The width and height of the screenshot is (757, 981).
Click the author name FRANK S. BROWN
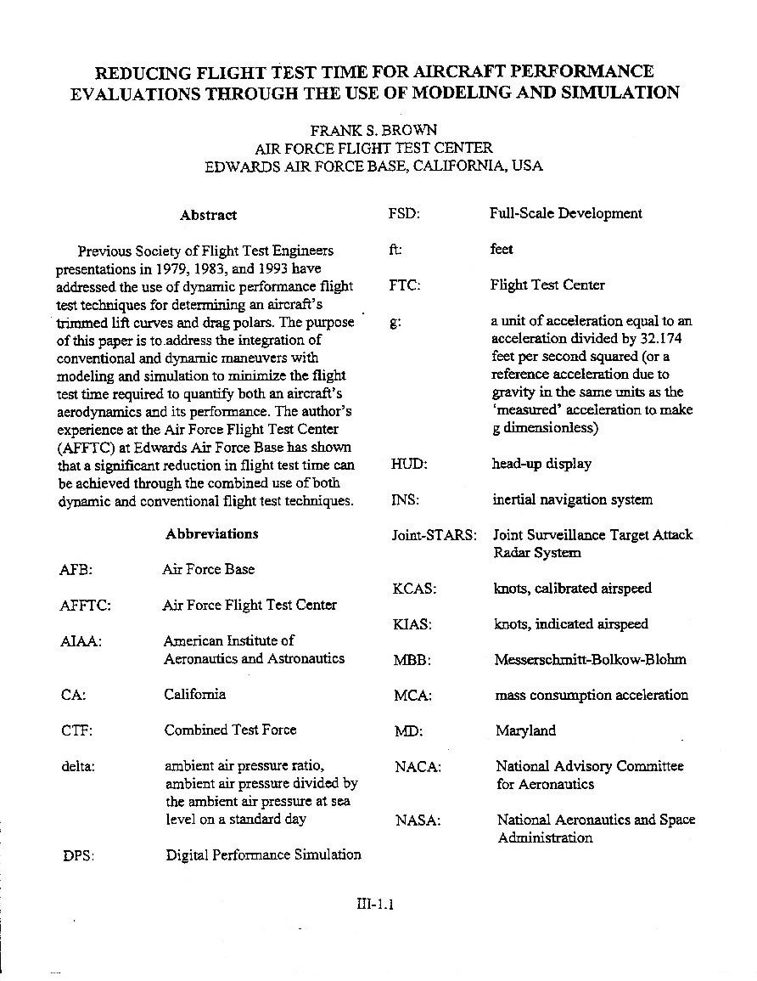tap(373, 131)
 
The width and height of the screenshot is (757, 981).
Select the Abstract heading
tap(208, 215)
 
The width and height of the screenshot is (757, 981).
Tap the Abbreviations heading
tap(212, 533)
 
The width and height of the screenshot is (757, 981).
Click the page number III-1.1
tap(375, 905)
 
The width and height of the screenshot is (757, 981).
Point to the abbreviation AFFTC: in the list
tap(86, 606)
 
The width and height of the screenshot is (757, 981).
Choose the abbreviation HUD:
tap(408, 465)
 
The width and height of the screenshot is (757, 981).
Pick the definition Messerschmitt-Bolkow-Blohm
tap(590, 659)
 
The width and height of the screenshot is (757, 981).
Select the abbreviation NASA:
tap(418, 820)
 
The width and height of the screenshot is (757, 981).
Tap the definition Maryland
tap(526, 730)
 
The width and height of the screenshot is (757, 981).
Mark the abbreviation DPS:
tap(79, 855)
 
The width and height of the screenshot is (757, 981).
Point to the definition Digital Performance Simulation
tap(263, 854)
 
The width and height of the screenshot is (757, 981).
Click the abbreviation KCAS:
tap(415, 589)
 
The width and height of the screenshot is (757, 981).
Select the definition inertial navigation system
tap(573, 500)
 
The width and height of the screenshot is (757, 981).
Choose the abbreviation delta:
tap(78, 765)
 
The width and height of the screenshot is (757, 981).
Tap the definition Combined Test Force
tap(231, 730)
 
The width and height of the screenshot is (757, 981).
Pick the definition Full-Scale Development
tap(566, 213)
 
